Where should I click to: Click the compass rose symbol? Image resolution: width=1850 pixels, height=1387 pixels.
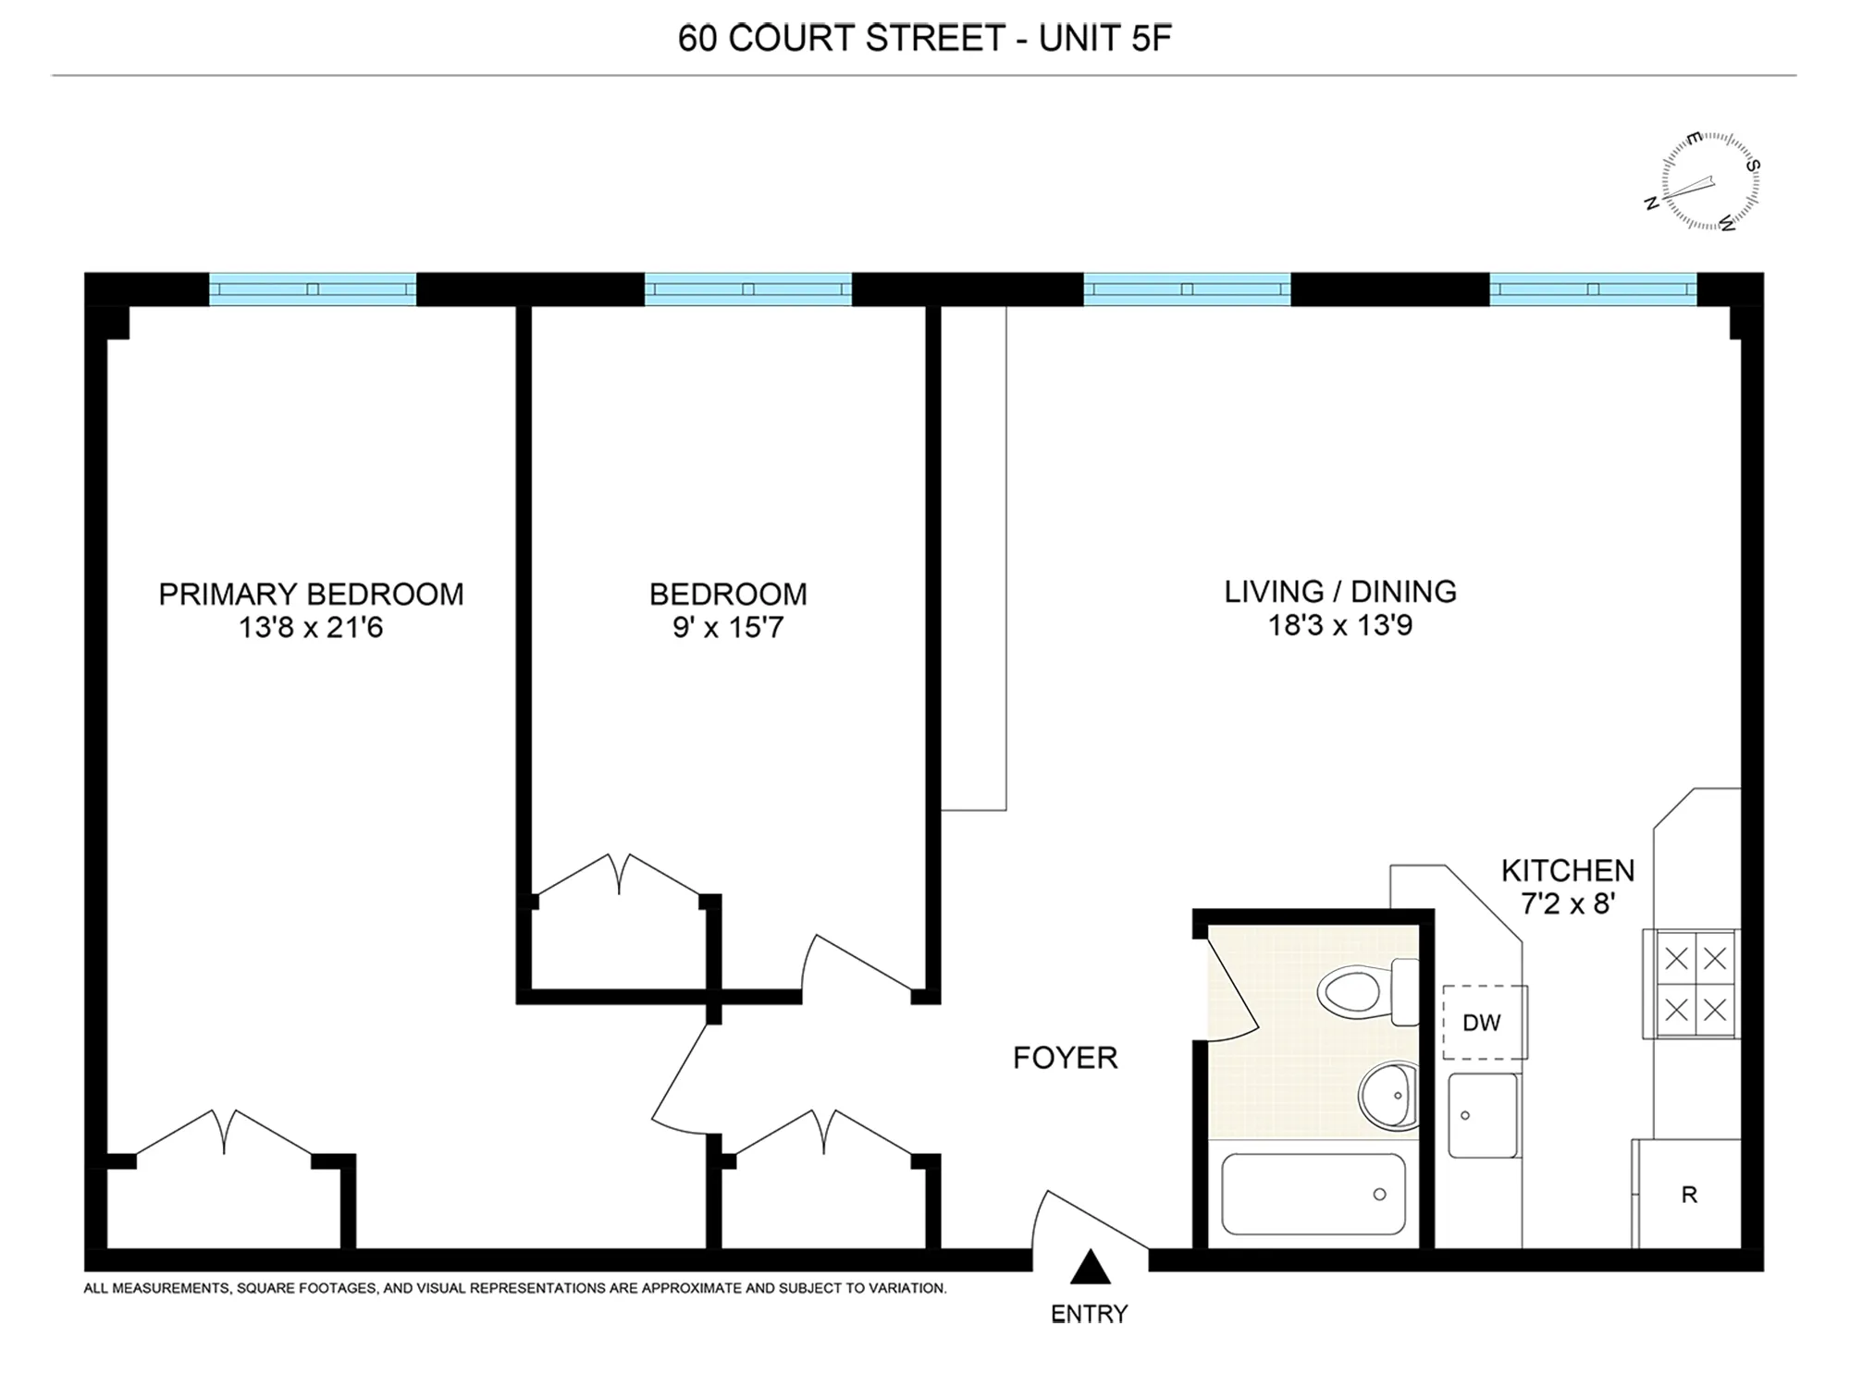click(x=1709, y=181)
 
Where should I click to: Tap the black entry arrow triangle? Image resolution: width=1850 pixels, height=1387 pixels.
click(x=1090, y=1268)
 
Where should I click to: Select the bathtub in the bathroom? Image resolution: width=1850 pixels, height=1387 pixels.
click(x=1313, y=1194)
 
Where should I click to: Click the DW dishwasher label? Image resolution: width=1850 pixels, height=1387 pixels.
click(x=1482, y=1023)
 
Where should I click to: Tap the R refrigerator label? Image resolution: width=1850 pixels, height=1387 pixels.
click(x=1689, y=1195)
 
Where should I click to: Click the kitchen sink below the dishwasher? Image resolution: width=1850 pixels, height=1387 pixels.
click(x=1483, y=1115)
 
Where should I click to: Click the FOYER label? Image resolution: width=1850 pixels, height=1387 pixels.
click(x=1065, y=1058)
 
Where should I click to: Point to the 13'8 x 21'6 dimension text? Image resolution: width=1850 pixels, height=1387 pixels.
click(x=311, y=628)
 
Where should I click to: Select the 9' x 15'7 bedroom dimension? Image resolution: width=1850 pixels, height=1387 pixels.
click(x=728, y=628)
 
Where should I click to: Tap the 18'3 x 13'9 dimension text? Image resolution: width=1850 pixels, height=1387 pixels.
click(x=1340, y=626)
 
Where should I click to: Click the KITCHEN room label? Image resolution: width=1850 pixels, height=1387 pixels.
click(x=1568, y=870)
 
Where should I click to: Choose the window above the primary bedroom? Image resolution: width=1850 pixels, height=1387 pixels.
click(x=313, y=288)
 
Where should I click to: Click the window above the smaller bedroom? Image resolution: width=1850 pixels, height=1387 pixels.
click(x=747, y=288)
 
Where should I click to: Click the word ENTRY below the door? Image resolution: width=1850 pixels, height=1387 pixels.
click(x=1089, y=1314)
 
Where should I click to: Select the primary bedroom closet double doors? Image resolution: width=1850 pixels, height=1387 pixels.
click(x=225, y=1134)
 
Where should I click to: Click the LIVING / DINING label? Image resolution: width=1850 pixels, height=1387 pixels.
click(x=1340, y=592)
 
